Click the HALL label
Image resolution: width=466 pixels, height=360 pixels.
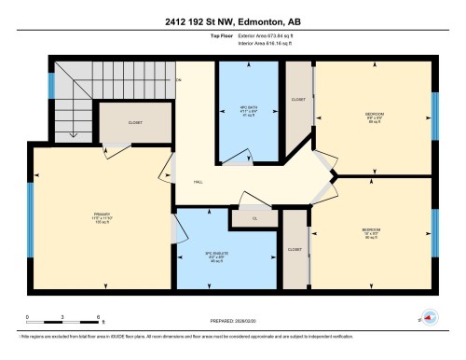(199, 182)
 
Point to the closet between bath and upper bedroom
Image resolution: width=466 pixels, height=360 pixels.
(298, 99)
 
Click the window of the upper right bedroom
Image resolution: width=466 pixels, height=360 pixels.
(433, 116)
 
